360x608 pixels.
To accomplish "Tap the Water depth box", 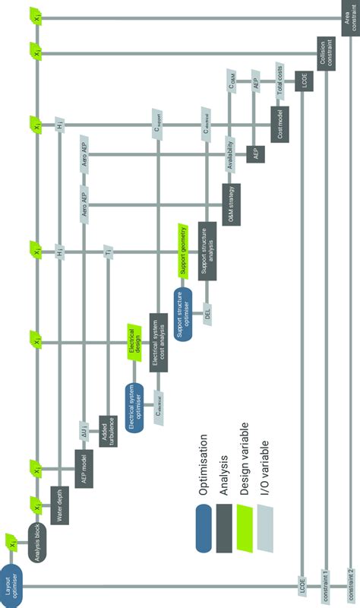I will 61,505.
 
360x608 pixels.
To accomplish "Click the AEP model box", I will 84,467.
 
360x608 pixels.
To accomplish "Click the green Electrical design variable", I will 134,344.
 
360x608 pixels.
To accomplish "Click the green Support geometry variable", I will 182,251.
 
